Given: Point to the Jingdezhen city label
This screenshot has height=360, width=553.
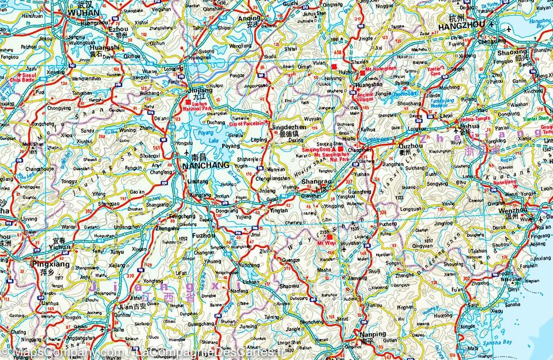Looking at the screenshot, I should click(x=304, y=128).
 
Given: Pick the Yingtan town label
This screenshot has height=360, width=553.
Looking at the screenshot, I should click(x=279, y=212).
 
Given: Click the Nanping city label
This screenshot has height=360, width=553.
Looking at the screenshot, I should click(x=373, y=334).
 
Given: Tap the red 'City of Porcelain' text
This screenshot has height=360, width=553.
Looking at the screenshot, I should click(x=250, y=123).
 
